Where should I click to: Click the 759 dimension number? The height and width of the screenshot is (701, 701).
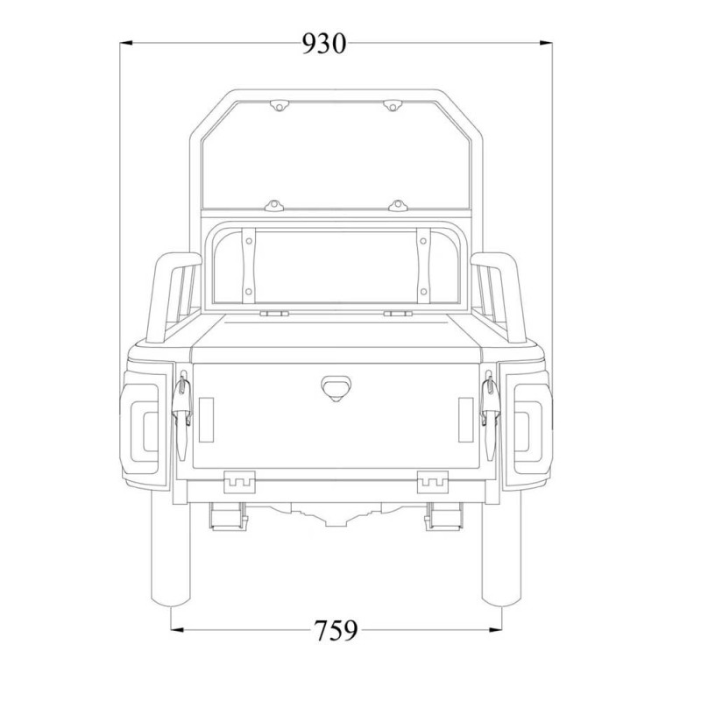pyautogui.click(x=336, y=630)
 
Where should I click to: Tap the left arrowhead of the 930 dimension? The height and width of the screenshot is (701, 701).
pyautogui.click(x=125, y=42)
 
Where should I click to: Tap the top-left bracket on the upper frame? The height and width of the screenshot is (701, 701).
pyautogui.click(x=279, y=105)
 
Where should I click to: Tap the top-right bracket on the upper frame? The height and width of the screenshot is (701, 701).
pyautogui.click(x=392, y=105)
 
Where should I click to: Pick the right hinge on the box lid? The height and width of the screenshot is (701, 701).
pyautogui.click(x=395, y=311)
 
